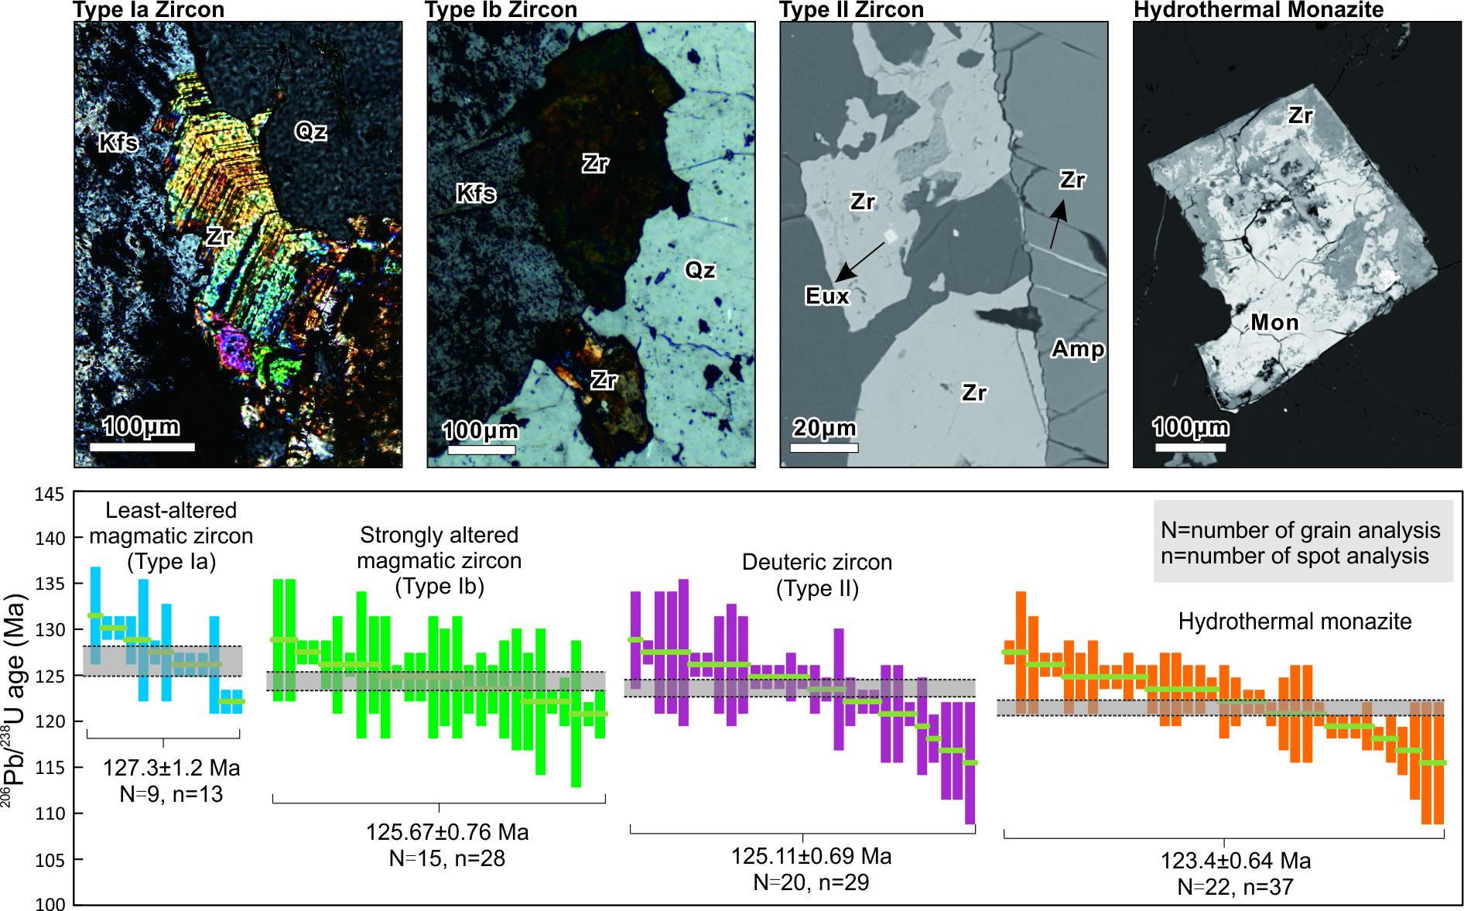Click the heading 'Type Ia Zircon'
(149, 10)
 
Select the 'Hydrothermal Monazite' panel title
(1258, 10)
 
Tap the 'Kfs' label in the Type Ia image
(118, 142)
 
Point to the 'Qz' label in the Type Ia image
(310, 132)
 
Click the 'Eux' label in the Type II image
(826, 296)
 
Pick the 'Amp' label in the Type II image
(1077, 349)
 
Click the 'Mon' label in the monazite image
(1274, 322)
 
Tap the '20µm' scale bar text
(824, 428)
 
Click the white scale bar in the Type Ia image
(142, 447)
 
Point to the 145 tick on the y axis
(50, 494)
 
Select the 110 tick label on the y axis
(50, 813)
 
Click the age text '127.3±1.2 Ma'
(171, 768)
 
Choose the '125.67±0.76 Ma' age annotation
(447, 832)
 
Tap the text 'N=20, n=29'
(811, 882)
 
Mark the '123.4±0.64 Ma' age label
(1235, 861)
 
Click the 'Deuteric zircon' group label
(816, 562)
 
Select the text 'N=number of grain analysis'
(1300, 530)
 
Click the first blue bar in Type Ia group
(95, 615)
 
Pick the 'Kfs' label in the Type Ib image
(476, 193)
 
